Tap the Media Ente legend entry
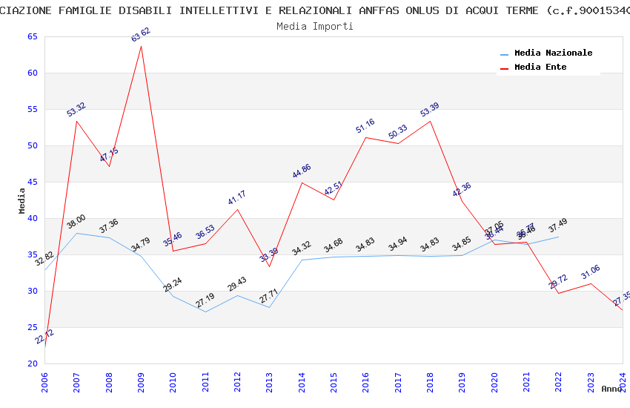[x=540, y=68]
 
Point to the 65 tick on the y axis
[x=31, y=37]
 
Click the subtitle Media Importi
[x=315, y=26]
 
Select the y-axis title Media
[x=21, y=200]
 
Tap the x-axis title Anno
[x=611, y=389]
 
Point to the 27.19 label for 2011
[x=205, y=303]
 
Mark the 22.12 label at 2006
[x=44, y=337]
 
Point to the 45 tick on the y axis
[x=31, y=182]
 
